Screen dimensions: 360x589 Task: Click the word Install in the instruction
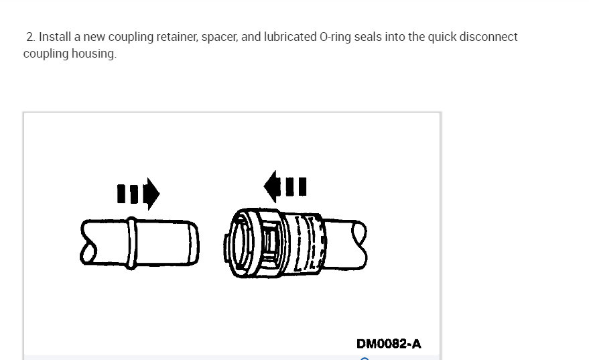(52, 37)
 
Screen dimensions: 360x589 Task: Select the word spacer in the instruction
(219, 37)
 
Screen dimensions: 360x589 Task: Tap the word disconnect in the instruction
(490, 37)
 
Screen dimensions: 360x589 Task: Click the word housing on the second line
(95, 54)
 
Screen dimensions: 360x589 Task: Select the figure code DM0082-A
(389, 344)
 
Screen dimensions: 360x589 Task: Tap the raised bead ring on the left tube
(133, 240)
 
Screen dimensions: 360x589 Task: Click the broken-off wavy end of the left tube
(86, 241)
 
